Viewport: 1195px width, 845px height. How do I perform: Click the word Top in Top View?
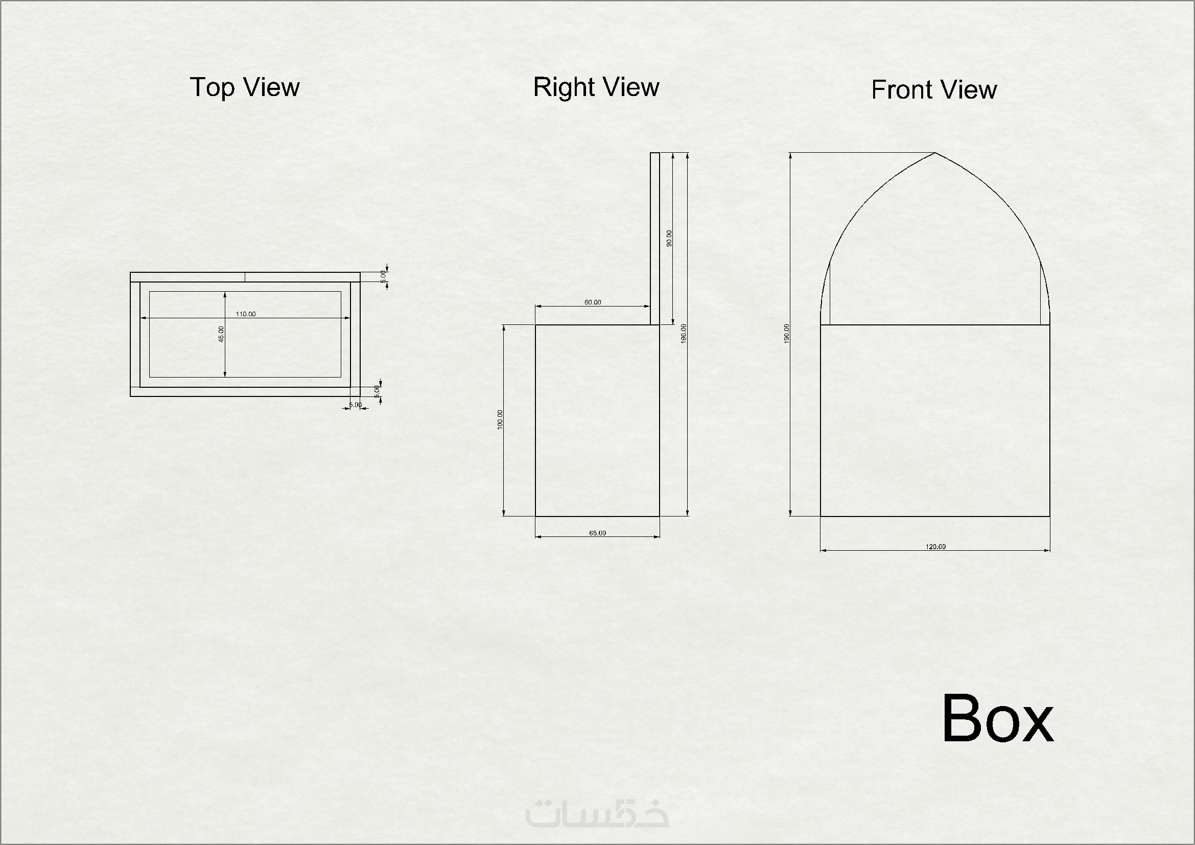coord(213,87)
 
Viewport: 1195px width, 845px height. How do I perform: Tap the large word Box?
coord(998,719)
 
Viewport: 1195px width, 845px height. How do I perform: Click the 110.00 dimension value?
coord(246,314)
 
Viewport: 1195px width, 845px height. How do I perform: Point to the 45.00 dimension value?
coord(221,334)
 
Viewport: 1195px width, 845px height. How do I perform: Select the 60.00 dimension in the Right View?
coord(593,302)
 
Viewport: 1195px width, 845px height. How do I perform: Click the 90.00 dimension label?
coord(669,238)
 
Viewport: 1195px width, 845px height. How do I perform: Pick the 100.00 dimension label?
coord(500,419)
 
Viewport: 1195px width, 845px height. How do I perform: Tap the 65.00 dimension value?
coord(598,533)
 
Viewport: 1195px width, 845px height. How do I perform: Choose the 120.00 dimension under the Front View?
coord(935,547)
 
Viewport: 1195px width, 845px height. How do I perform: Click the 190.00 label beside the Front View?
coord(786,333)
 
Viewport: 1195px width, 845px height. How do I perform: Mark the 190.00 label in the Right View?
coord(684,333)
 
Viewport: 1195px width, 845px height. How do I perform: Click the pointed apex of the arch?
coord(935,153)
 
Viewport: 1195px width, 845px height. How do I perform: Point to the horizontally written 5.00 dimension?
coord(356,405)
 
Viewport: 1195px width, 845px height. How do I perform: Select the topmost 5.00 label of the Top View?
coord(384,276)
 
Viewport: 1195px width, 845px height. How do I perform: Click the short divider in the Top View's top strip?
coord(245,277)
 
